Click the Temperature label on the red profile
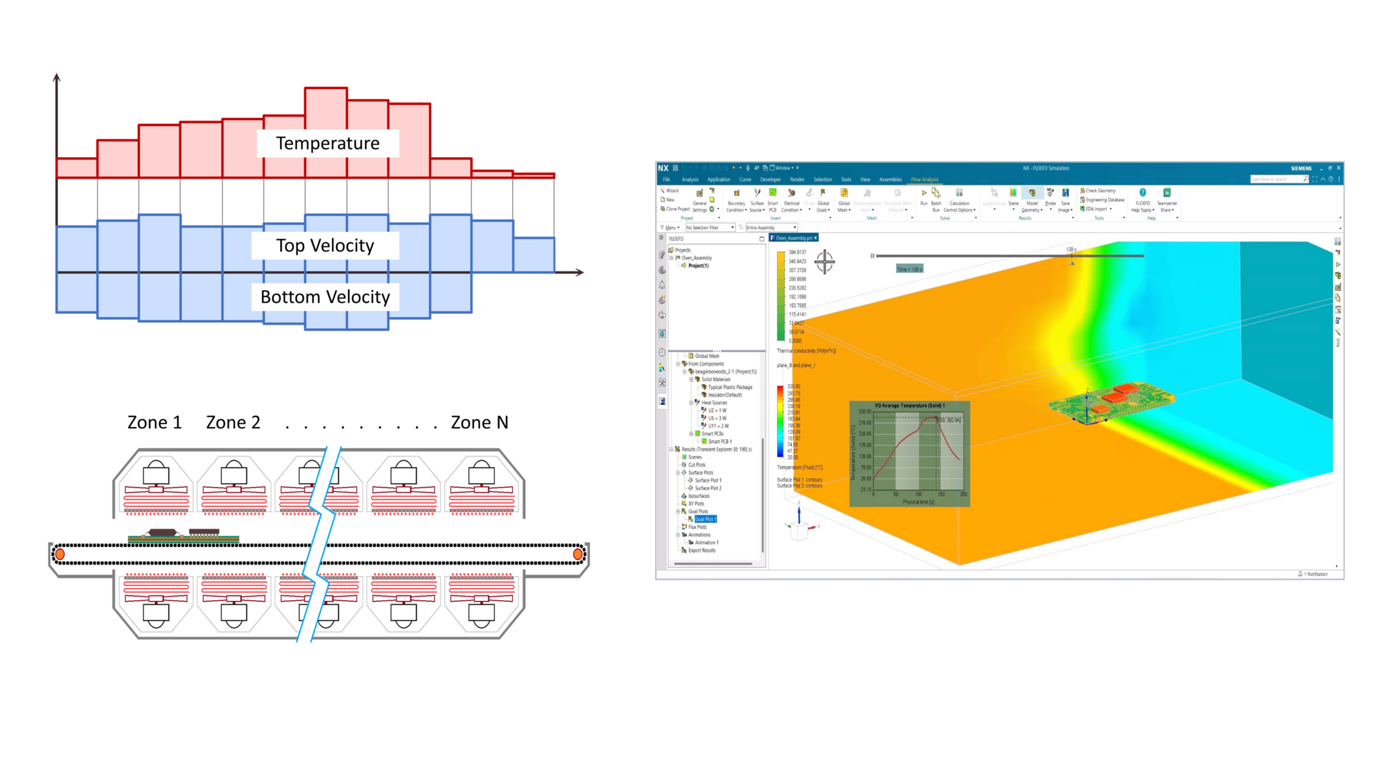[x=327, y=143]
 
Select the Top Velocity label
[x=325, y=246]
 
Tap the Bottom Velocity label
[x=325, y=297]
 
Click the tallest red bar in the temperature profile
[x=326, y=108]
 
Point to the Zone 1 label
[x=154, y=422]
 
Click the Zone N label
[x=479, y=422]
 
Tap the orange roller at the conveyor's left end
[x=60, y=554]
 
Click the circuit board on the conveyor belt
[x=183, y=536]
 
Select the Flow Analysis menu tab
[x=924, y=179]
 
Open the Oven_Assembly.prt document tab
[x=793, y=238]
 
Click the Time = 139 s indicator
[x=909, y=269]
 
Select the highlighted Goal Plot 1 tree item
[x=705, y=519]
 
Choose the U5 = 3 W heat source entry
[x=716, y=418]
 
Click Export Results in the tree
[x=702, y=550]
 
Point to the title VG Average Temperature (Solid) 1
[x=909, y=406]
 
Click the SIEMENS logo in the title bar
[x=1300, y=168]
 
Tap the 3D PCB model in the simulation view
[x=1111, y=401]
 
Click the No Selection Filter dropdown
[x=709, y=228]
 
